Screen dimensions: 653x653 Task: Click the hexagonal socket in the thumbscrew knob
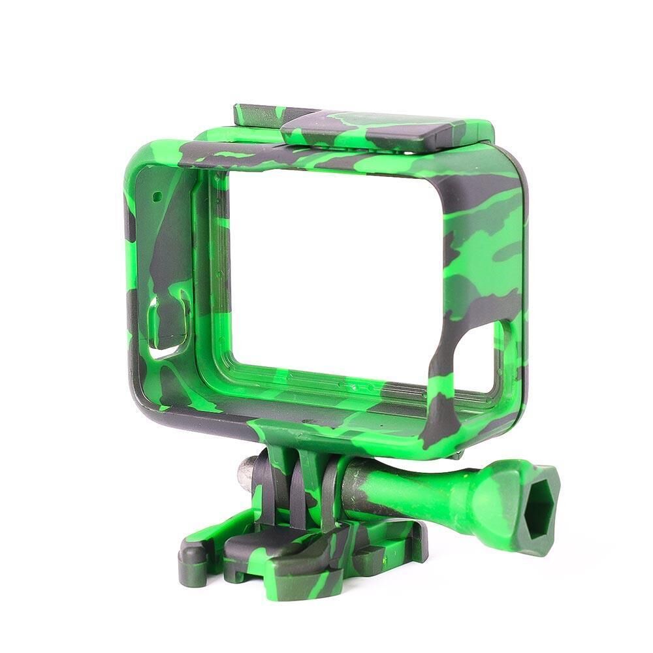pyautogui.click(x=540, y=504)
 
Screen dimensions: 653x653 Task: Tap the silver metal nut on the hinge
pyautogui.click(x=246, y=473)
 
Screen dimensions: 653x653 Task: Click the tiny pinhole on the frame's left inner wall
pyautogui.click(x=157, y=195)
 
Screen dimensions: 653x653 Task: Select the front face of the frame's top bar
pyautogui.click(x=326, y=157)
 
